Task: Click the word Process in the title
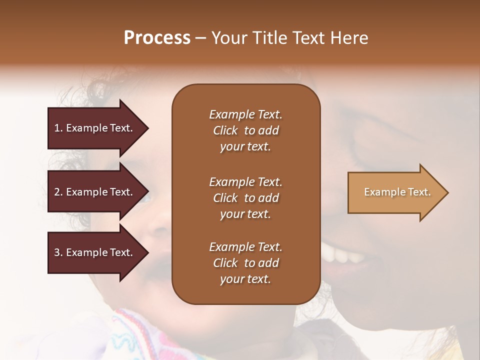click(157, 38)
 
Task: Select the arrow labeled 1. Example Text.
click(95, 128)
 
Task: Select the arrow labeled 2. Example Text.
click(95, 192)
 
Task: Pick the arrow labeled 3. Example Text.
click(95, 252)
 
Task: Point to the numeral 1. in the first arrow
click(58, 128)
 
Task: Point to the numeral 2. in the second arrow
click(58, 192)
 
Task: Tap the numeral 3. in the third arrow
click(58, 252)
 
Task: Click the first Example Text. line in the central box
click(245, 114)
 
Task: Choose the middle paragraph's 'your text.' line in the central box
click(245, 214)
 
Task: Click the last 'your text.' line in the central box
click(245, 279)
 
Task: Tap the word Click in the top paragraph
click(225, 130)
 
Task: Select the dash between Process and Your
click(201, 38)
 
